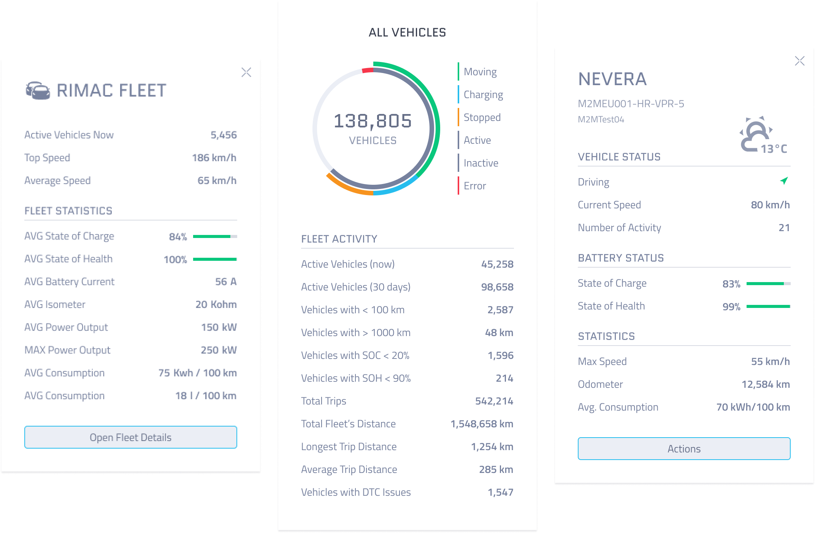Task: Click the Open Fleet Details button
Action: [x=130, y=437]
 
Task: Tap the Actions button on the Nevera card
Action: [x=684, y=449]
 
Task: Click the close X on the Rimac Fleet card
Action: [x=246, y=72]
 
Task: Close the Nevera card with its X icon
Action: [x=799, y=61]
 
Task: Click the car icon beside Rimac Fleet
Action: [x=38, y=90]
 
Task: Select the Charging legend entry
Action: [x=483, y=95]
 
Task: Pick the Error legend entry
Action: [x=474, y=186]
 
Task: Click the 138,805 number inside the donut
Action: [x=373, y=121]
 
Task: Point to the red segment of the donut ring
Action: [x=367, y=70]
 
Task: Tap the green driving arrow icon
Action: [x=784, y=181]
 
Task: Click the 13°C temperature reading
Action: [x=774, y=149]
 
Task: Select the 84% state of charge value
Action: [x=178, y=237]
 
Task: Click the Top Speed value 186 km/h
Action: [x=214, y=158]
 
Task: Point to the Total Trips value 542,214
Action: [x=494, y=401]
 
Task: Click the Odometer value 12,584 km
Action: [x=766, y=384]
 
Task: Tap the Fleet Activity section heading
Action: [x=339, y=239]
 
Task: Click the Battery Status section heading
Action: [x=621, y=258]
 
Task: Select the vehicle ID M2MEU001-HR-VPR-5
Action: [x=631, y=104]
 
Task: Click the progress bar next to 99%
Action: [x=768, y=306]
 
